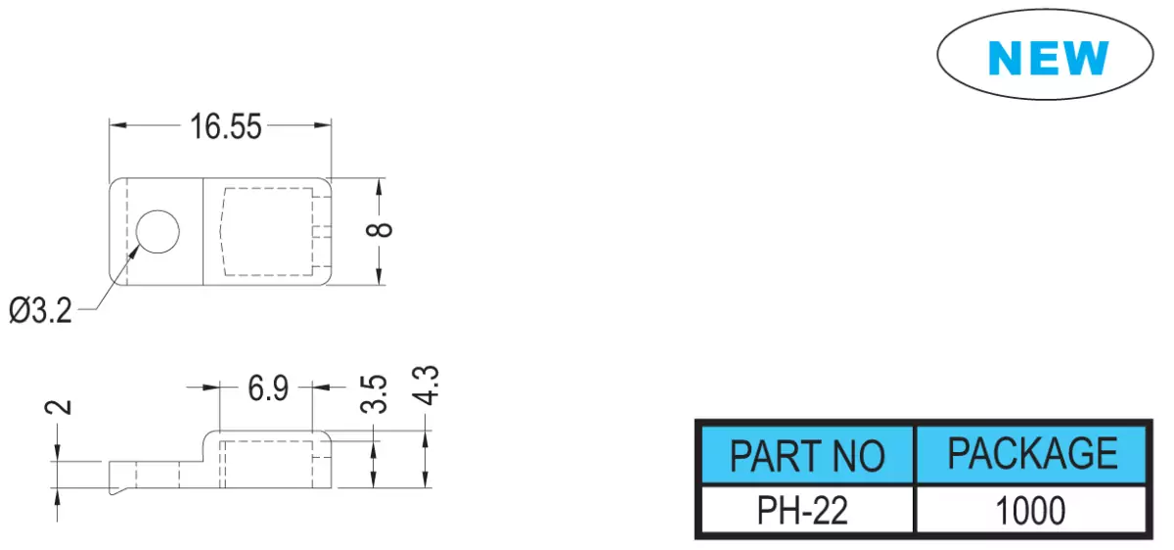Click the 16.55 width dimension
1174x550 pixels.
point(225,127)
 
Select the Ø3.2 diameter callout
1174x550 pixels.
point(40,310)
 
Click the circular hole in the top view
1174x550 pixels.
point(158,232)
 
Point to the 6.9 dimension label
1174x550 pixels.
point(268,389)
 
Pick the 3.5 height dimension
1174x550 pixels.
point(374,393)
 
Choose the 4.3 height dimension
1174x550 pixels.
point(426,386)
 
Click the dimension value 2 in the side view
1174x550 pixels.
point(58,407)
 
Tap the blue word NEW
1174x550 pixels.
point(1048,58)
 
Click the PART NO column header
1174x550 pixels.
point(807,456)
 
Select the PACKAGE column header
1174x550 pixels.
point(1032,453)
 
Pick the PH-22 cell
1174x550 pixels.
point(802,510)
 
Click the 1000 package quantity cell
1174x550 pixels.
point(1030,510)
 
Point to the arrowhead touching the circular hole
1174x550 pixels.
point(133,252)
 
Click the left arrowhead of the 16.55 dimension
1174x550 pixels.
point(118,125)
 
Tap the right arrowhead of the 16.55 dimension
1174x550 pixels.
point(322,125)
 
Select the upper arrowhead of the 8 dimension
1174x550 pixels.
point(380,187)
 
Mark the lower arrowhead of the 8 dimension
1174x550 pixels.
point(380,276)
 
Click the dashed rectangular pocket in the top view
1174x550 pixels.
point(267,232)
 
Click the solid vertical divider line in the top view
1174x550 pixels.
point(203,232)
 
